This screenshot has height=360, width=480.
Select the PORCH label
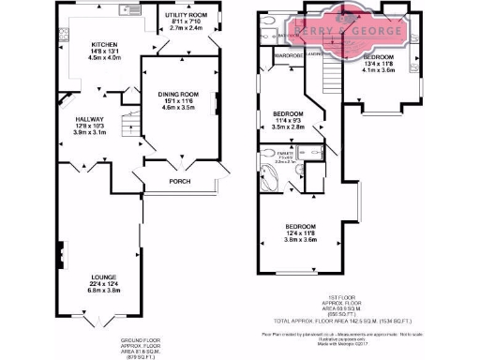(x=180, y=181)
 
